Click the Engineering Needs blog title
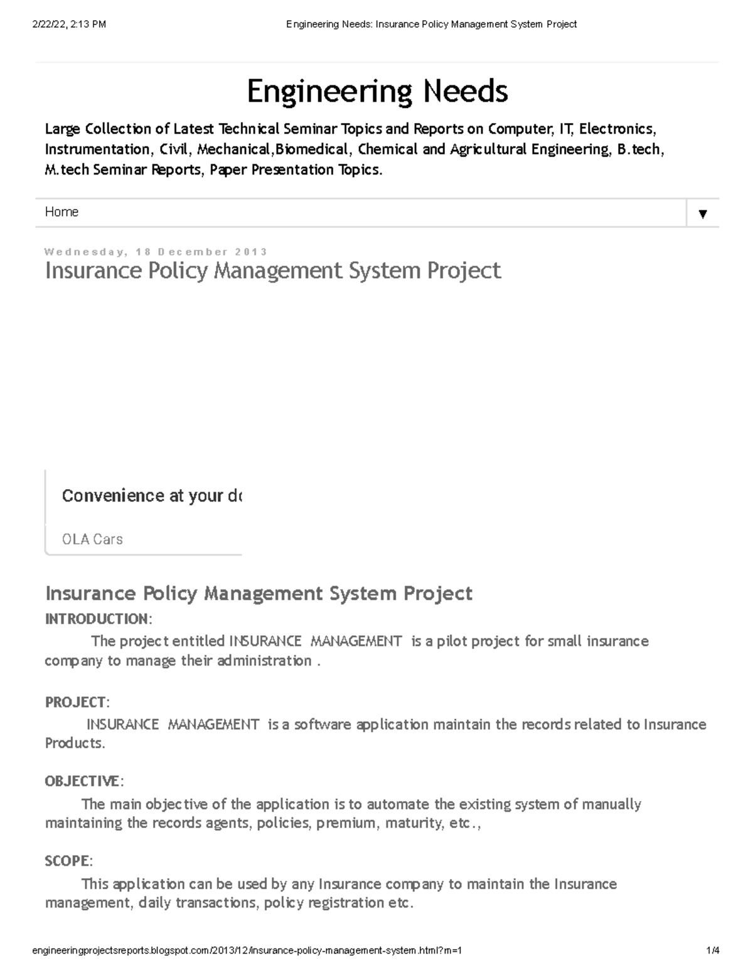377,92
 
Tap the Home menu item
61,212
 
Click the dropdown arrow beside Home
703,213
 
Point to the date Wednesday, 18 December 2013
156,252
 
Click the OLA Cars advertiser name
92,539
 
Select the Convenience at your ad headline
151,496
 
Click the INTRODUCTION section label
97,619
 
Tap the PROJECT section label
76,702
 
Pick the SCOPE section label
68,861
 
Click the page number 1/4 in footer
712,951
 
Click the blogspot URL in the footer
247,951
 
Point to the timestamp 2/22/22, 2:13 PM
69,24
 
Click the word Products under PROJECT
73,743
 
